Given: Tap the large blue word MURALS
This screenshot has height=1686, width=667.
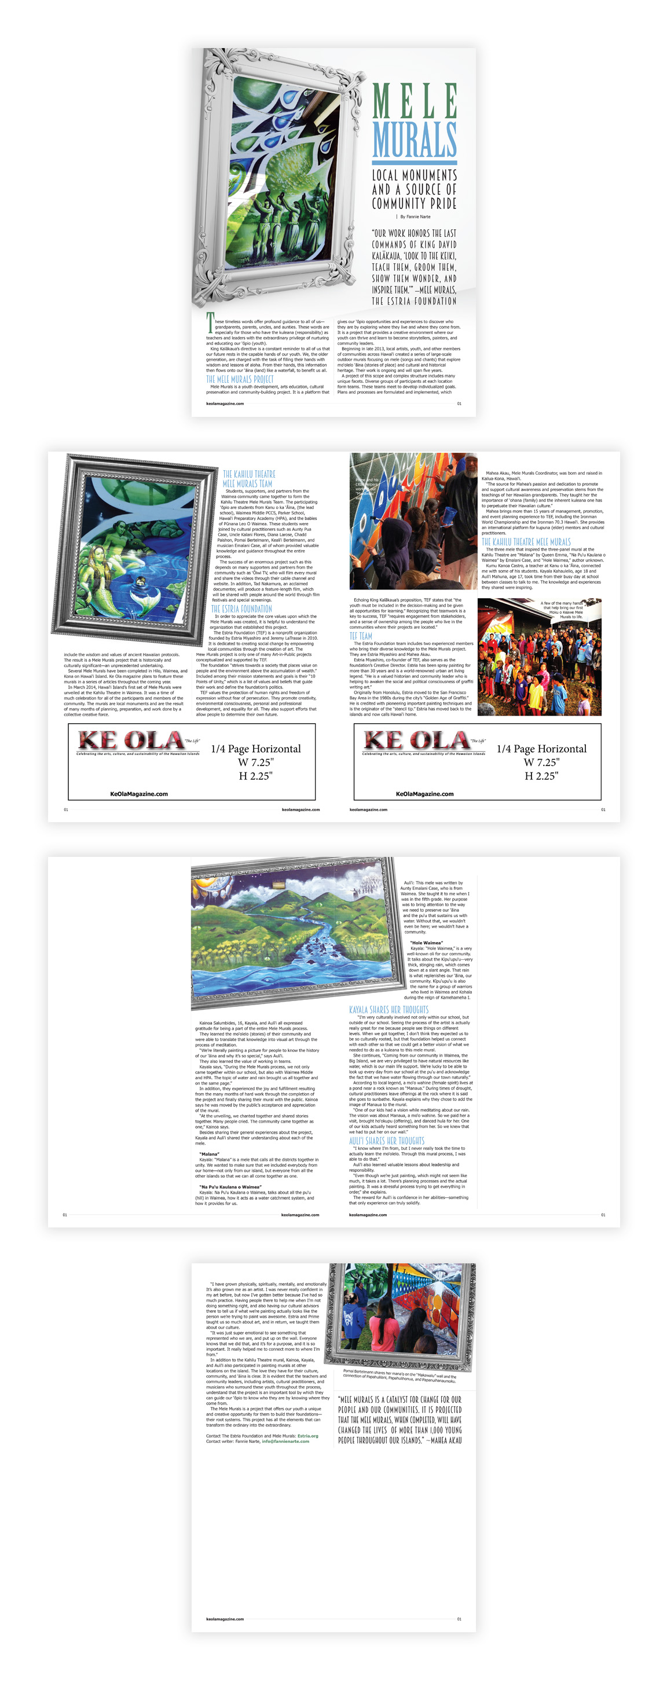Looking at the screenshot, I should [x=415, y=139].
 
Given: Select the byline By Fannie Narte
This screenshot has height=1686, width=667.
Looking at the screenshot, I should [x=415, y=217].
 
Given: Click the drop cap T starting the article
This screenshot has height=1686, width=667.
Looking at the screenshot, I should [x=210, y=322].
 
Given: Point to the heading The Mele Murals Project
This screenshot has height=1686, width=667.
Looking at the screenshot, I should [x=240, y=379].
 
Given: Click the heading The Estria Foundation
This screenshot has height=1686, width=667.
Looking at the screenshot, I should [x=241, y=609].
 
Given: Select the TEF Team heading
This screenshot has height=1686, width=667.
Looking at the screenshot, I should [x=361, y=636].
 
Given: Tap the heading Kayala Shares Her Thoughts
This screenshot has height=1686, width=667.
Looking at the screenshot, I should [x=388, y=1009].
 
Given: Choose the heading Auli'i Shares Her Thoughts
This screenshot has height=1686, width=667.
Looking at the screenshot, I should [x=386, y=1141].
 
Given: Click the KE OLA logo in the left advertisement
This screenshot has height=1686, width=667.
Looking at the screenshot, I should [x=131, y=741].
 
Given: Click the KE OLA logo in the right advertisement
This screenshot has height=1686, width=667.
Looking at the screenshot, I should [x=416, y=741].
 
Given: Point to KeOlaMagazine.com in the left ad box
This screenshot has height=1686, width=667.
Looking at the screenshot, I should [x=139, y=794].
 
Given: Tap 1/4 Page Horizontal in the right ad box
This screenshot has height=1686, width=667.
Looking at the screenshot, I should [x=541, y=749].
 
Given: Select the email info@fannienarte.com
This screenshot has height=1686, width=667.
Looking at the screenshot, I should [x=285, y=1441].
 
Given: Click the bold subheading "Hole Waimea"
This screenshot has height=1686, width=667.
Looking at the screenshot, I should [x=426, y=943].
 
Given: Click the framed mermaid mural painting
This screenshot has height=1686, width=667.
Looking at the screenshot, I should [x=134, y=547].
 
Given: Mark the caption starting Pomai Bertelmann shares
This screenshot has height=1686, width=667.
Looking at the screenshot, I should [x=400, y=1375].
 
